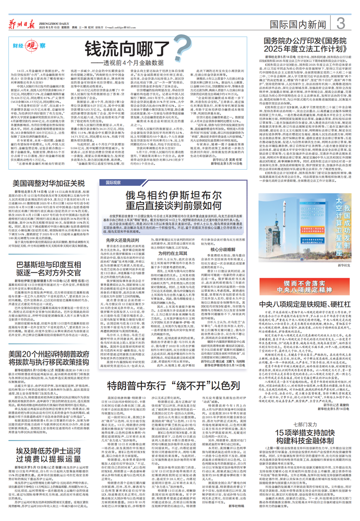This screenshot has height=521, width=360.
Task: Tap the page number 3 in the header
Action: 340,23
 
